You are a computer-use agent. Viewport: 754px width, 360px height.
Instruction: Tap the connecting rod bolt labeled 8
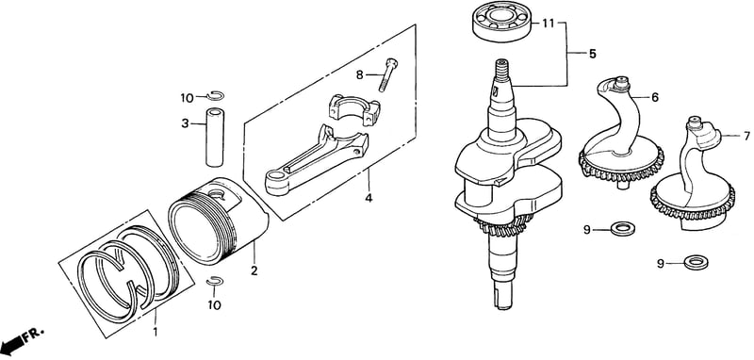(387, 74)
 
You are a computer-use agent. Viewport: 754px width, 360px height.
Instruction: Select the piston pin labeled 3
(215, 138)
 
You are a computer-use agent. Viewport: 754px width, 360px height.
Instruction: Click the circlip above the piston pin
(215, 95)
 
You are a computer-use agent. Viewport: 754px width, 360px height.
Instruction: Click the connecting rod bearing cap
(354, 110)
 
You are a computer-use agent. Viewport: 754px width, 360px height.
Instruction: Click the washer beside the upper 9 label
(622, 228)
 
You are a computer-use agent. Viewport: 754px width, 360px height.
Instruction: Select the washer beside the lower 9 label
(696, 262)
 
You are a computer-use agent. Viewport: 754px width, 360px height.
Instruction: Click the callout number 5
(592, 54)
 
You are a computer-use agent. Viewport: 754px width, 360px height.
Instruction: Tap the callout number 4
(369, 197)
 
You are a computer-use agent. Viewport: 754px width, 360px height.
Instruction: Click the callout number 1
(155, 332)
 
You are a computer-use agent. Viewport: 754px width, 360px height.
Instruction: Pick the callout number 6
(655, 97)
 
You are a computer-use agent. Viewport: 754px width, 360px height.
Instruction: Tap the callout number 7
(746, 136)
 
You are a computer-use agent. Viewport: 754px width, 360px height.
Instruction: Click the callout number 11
(549, 24)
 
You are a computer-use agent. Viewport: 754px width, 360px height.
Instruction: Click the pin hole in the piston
(218, 195)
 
